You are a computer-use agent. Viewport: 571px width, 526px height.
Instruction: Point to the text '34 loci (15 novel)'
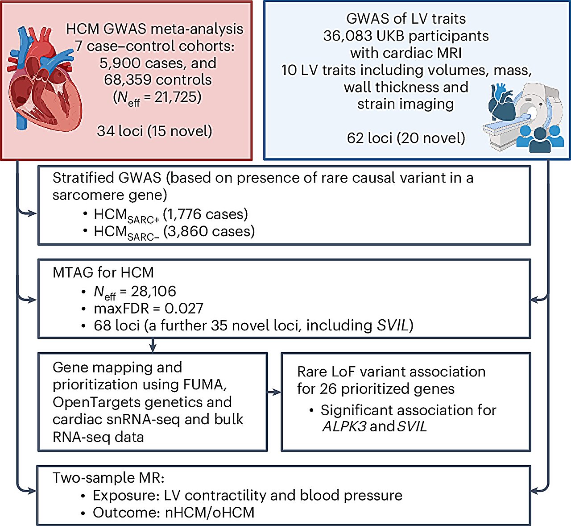[154, 131]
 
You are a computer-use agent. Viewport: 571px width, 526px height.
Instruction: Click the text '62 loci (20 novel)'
[405, 138]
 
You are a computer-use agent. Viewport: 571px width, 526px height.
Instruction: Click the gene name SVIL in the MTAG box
[392, 326]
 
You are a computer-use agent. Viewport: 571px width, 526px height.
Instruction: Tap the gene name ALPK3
[344, 426]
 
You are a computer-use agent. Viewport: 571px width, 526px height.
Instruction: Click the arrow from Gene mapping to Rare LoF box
[274, 392]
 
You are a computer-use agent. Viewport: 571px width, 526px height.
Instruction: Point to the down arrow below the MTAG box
[153, 345]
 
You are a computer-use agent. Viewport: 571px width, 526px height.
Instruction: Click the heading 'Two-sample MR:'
[108, 478]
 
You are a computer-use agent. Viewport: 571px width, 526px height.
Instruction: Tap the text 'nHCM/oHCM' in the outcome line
[210, 512]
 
